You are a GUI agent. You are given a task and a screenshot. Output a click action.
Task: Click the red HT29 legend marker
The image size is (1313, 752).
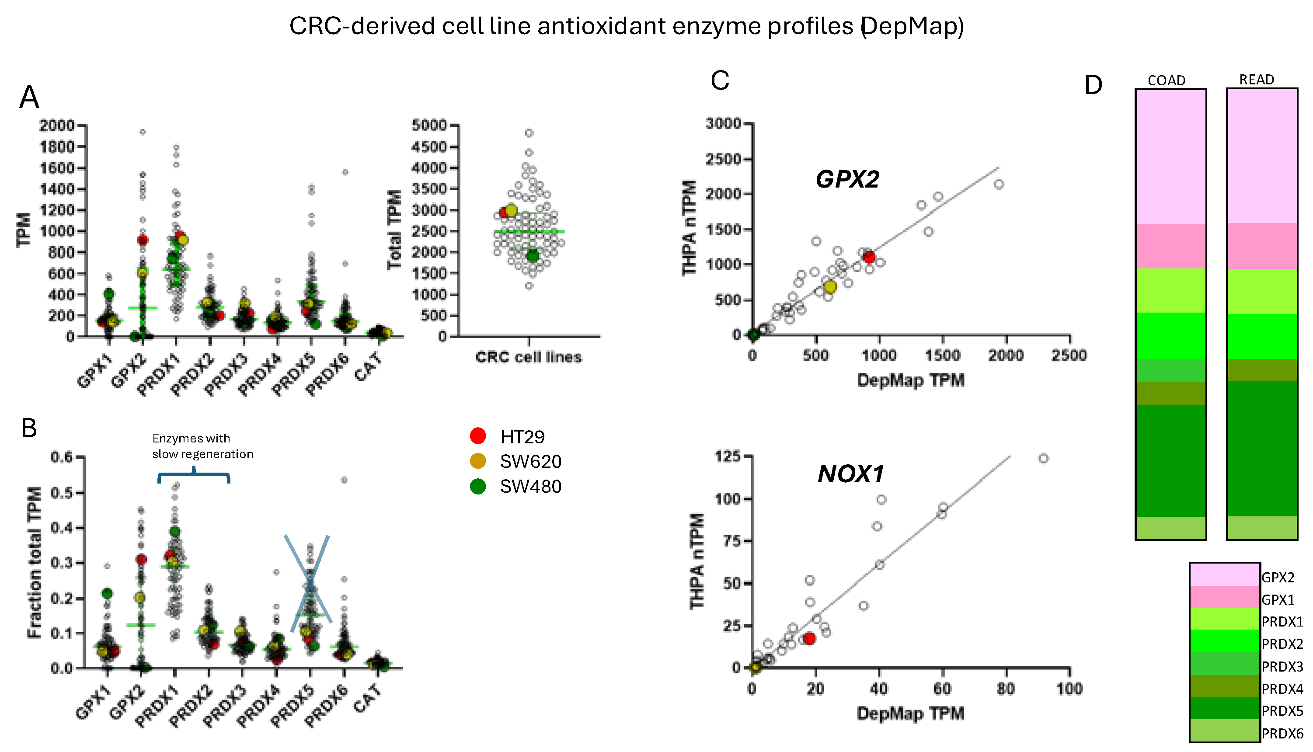[x=478, y=436]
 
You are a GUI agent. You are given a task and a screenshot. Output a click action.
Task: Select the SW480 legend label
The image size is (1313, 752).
[x=530, y=487]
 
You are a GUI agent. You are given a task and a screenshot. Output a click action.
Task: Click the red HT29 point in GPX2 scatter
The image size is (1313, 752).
[x=869, y=257]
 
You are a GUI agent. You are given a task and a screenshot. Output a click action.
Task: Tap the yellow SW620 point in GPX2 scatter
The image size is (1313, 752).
[x=829, y=287]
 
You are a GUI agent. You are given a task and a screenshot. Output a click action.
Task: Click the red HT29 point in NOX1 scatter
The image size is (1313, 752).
[x=809, y=638]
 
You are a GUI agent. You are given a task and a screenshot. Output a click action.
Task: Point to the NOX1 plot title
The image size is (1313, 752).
[x=850, y=474]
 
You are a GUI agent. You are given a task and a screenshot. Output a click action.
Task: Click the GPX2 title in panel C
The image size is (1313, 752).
[x=847, y=179]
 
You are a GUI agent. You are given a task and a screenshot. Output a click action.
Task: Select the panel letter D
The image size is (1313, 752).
[x=1093, y=85]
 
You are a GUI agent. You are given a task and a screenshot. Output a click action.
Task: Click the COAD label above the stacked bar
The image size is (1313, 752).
[x=1166, y=80]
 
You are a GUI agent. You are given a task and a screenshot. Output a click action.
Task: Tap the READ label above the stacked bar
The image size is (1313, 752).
[x=1256, y=80]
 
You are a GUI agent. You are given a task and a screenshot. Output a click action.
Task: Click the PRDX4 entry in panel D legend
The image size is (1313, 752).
[x=1282, y=689]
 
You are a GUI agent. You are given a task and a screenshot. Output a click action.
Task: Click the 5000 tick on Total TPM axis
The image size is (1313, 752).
[x=429, y=125]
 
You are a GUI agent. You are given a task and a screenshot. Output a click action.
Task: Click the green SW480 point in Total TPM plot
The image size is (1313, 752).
[x=533, y=256]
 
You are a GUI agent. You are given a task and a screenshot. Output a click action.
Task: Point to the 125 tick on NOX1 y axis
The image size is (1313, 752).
[x=727, y=456]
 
